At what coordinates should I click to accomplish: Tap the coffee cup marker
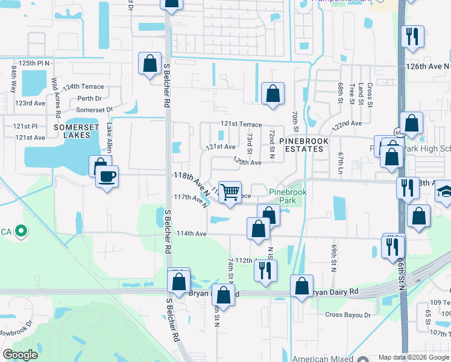[x=107, y=177]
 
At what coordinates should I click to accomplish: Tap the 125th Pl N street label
[x=34, y=63]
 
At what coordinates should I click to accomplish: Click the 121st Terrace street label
[x=241, y=124]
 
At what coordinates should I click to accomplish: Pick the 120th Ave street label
[x=247, y=162]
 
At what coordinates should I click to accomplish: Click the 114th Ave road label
[x=192, y=233]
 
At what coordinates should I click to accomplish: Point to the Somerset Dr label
[x=94, y=110]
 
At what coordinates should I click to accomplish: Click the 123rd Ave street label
[x=30, y=103]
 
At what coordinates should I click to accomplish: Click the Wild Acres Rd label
[x=55, y=97]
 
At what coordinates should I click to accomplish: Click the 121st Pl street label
[x=26, y=126]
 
